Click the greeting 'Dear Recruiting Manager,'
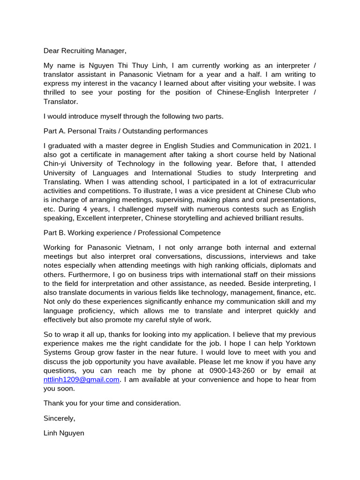pos(85,51)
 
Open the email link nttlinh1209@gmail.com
pos(81,379)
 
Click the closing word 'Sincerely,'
pos(59,418)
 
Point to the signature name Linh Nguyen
pos(64,433)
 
